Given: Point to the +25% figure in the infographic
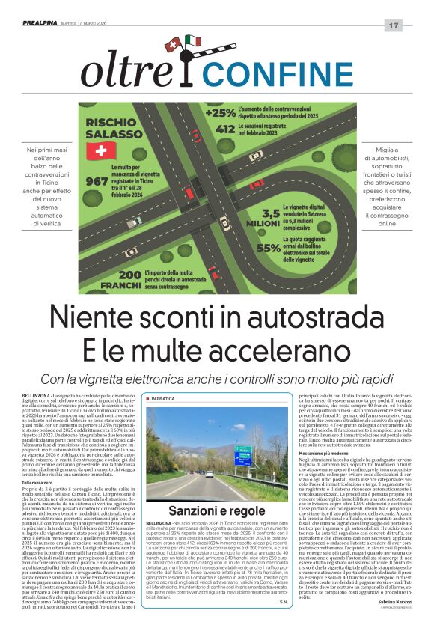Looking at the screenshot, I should coord(221,112).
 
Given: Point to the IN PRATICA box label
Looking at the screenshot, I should coord(163,398).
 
